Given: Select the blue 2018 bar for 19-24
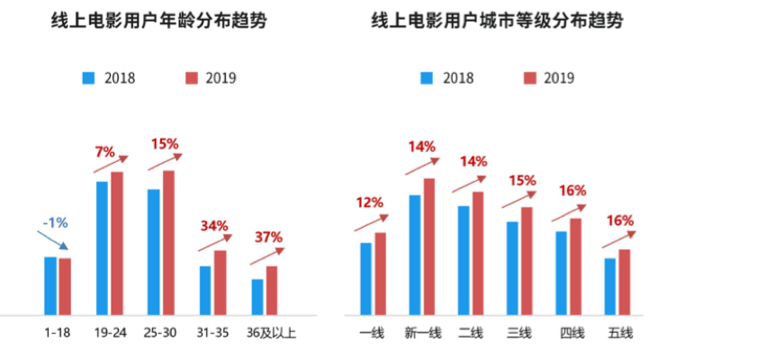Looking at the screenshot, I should click(102, 247).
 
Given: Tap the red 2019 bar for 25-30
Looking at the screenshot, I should click(168, 242).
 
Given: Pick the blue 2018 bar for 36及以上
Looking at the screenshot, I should click(257, 297).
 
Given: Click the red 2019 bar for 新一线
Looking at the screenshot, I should click(429, 247).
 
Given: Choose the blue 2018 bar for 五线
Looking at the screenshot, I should click(610, 286).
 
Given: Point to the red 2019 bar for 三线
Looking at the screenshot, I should click(527, 261).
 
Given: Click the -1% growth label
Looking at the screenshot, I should click(55, 222).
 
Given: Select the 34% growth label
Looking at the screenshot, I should click(214, 225).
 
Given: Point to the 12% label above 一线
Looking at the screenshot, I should click(369, 202).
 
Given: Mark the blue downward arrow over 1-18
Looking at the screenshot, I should click(54, 242).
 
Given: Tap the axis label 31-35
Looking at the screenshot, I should click(212, 332).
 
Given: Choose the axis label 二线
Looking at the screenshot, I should click(470, 334).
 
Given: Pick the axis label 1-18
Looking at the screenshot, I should click(58, 332).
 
